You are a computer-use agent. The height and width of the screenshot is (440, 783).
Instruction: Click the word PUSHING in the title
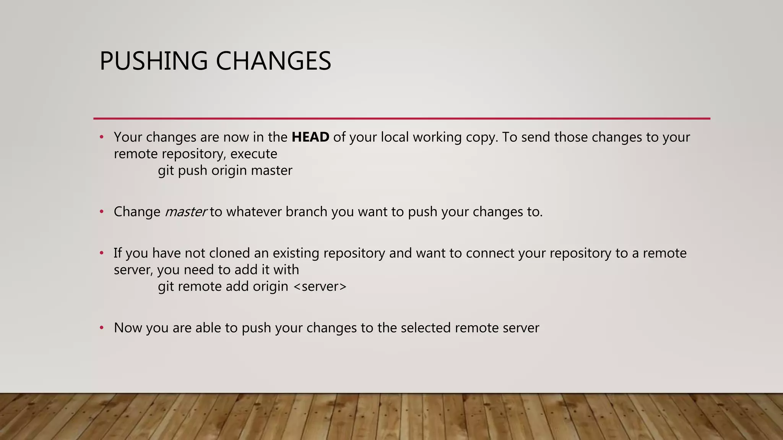(153, 61)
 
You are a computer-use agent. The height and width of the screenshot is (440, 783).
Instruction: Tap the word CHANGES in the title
(273, 61)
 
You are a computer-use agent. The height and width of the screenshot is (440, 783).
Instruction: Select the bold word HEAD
(310, 137)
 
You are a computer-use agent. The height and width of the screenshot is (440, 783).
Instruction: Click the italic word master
(186, 212)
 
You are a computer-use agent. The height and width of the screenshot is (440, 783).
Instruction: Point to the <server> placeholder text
(320, 286)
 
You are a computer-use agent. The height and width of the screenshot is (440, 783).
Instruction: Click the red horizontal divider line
(401, 119)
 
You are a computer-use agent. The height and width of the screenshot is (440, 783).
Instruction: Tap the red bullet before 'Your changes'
(101, 137)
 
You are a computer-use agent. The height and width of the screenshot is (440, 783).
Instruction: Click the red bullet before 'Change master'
(101, 212)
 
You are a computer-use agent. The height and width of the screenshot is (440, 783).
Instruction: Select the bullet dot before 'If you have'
(101, 253)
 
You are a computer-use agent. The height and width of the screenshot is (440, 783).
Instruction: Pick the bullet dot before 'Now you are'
(101, 328)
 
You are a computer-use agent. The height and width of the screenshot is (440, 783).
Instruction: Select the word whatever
(254, 212)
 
